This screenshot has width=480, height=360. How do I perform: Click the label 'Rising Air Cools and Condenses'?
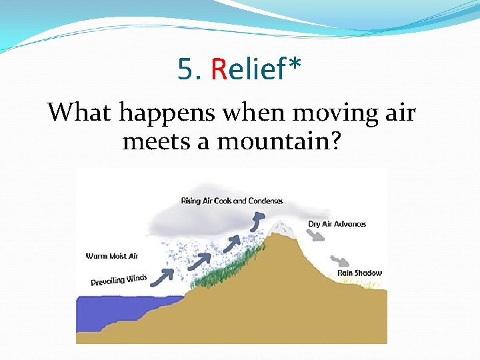pos(232,201)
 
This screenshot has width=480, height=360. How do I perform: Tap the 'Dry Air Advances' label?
pos(337,224)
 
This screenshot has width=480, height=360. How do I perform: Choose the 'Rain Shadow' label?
pos(359,273)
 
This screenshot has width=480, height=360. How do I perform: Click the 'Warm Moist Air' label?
pos(112,256)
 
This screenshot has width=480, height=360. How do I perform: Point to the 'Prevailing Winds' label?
pos(119,279)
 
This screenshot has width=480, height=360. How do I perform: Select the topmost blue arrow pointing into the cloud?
pos(258,221)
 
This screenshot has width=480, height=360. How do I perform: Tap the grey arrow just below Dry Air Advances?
pos(316,236)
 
